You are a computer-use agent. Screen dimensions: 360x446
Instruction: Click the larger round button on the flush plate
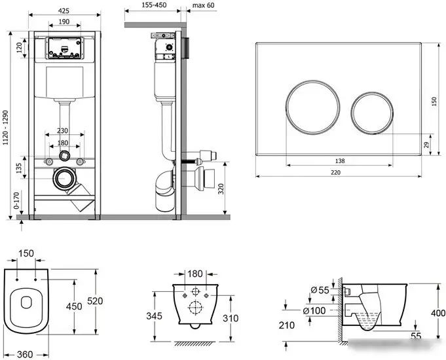click(x=310, y=108)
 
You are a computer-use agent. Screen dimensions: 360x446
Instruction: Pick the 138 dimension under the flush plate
click(x=322, y=161)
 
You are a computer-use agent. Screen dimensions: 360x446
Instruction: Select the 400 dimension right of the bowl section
click(x=437, y=314)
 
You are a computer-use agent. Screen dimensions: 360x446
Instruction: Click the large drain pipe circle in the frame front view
click(x=64, y=179)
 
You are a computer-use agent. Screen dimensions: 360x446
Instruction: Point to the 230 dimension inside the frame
click(x=64, y=131)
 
